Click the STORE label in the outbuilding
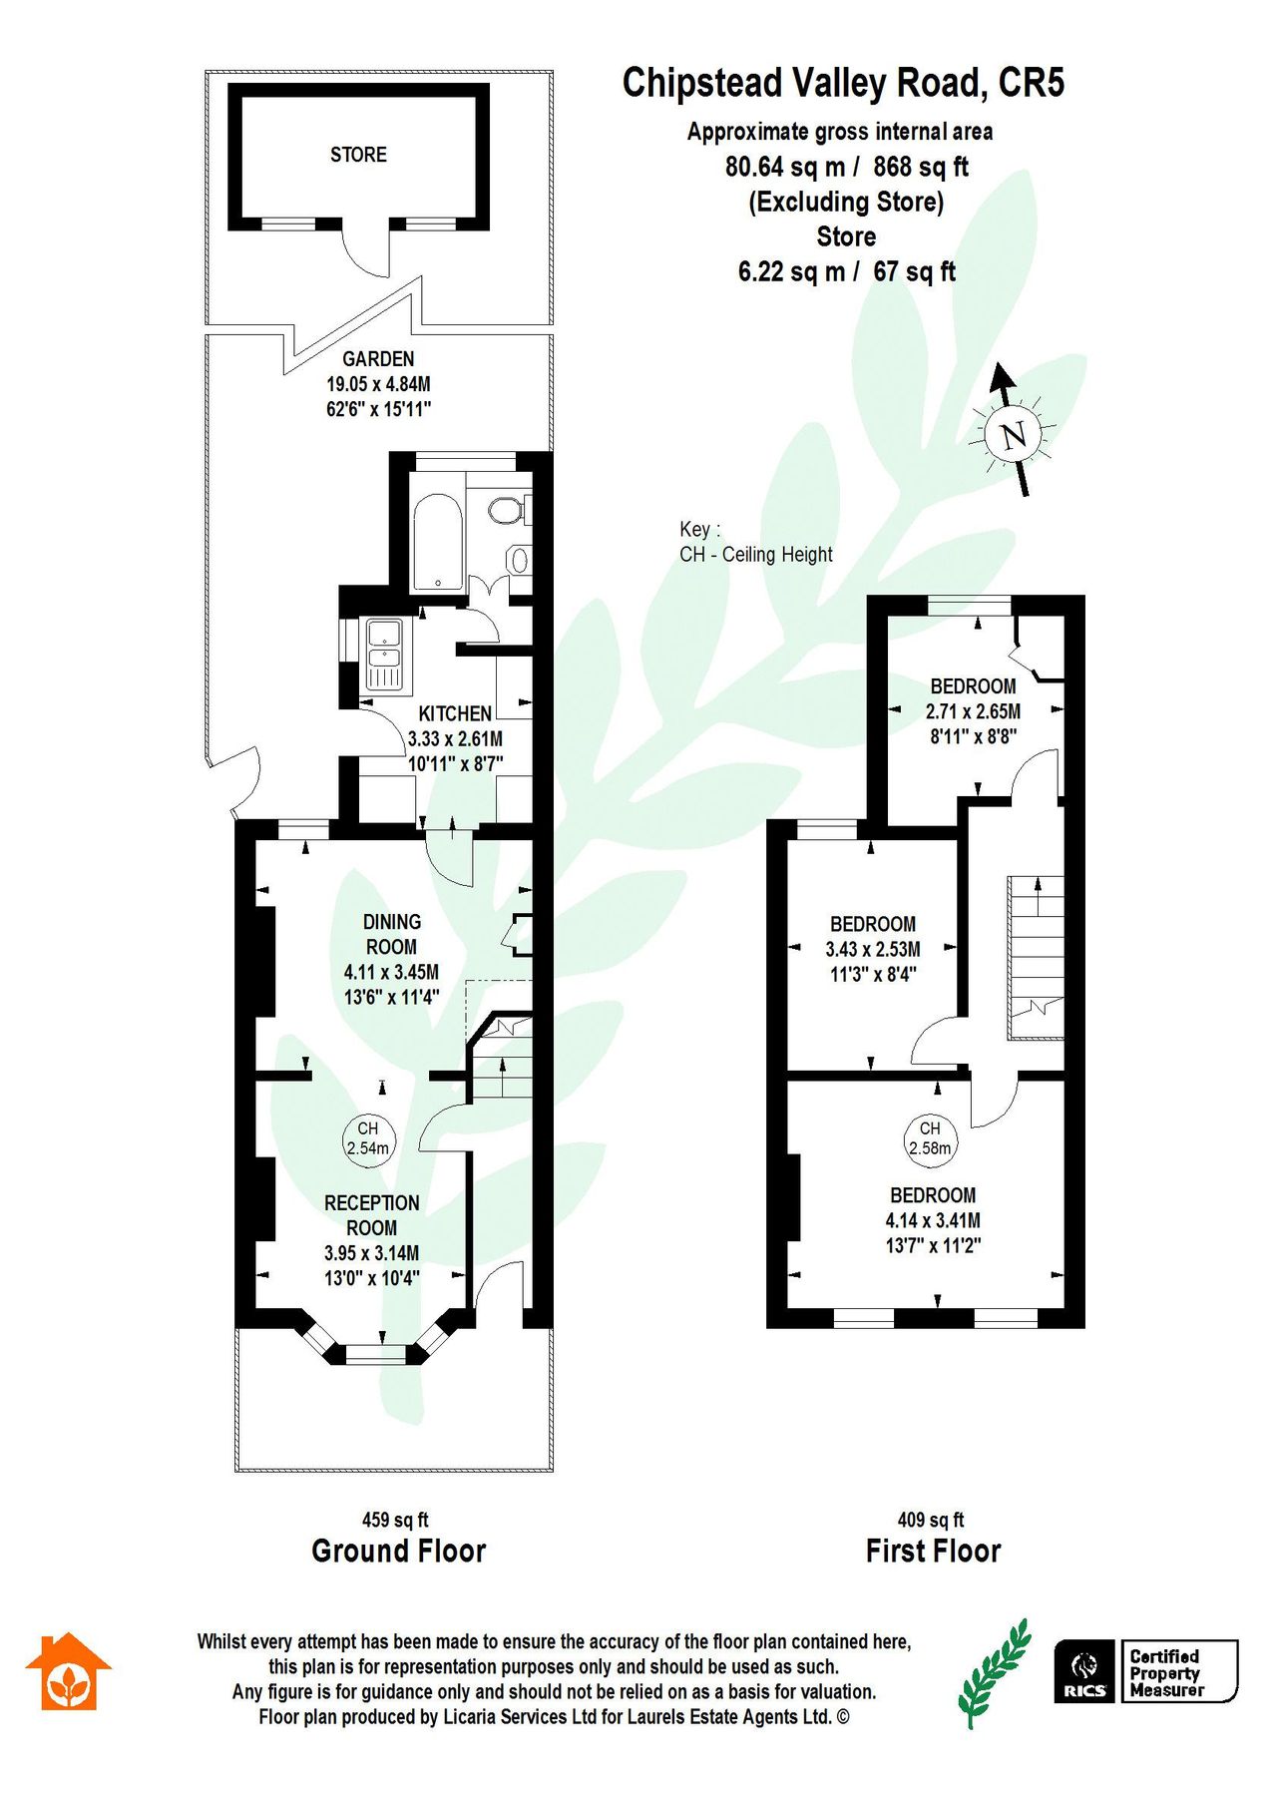pyautogui.click(x=358, y=155)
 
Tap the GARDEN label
pyautogui.click(x=378, y=359)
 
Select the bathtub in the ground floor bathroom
pyautogui.click(x=436, y=539)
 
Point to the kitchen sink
pyautogui.click(x=384, y=654)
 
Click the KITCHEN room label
pyautogui.click(x=455, y=714)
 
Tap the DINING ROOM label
pyautogui.click(x=391, y=935)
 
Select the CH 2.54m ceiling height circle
pyautogui.click(x=368, y=1138)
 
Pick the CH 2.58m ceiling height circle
pyautogui.click(x=930, y=1138)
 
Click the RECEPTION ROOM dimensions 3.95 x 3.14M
pyautogui.click(x=371, y=1253)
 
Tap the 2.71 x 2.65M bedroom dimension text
pyautogui.click(x=973, y=712)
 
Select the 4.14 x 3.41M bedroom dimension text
pyautogui.click(x=933, y=1220)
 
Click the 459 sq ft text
pyautogui.click(x=395, y=1521)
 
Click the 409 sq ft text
pyautogui.click(x=931, y=1521)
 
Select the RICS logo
pyautogui.click(x=1085, y=1671)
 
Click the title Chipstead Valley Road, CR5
pyautogui.click(x=843, y=83)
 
